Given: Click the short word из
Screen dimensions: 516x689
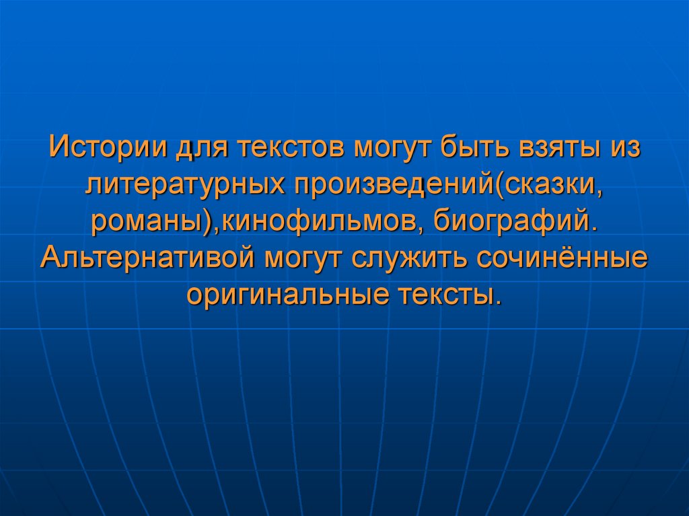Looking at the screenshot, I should pos(624,147).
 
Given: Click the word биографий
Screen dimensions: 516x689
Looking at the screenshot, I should pos(515,221).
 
